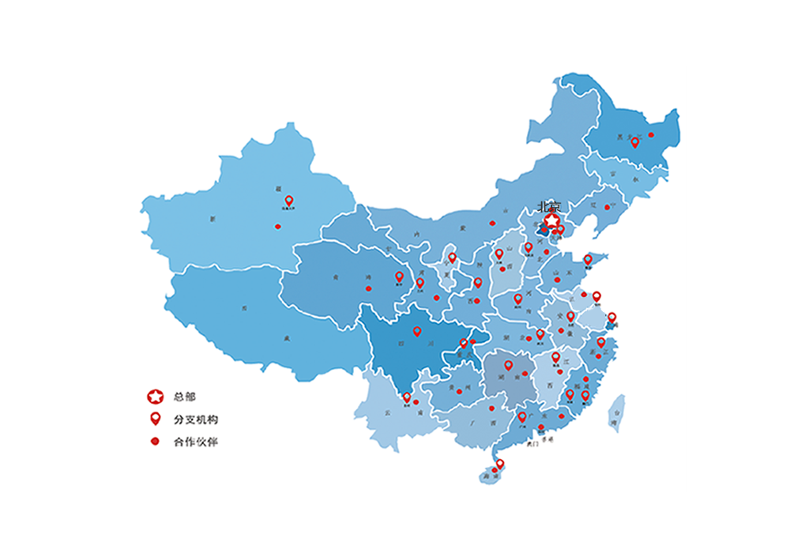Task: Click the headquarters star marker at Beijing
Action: pos(551,220)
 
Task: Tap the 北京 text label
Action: pos(548,206)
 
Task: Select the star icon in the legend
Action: pos(156,397)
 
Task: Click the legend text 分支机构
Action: pos(195,419)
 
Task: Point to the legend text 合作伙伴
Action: pos(195,442)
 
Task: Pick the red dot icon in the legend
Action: pos(156,442)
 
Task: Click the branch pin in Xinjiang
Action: pos(289,201)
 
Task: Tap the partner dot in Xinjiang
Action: pos(277,227)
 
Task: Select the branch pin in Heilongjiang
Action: pos(634,142)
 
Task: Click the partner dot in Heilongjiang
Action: pos(651,135)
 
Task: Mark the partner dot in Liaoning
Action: pos(607,208)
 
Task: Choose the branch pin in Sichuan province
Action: pos(417,332)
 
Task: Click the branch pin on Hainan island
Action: pos(499,464)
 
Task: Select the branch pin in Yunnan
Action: pos(407,397)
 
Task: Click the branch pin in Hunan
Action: pos(509,365)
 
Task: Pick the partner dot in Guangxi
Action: pos(491,408)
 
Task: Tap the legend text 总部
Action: pos(185,397)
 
